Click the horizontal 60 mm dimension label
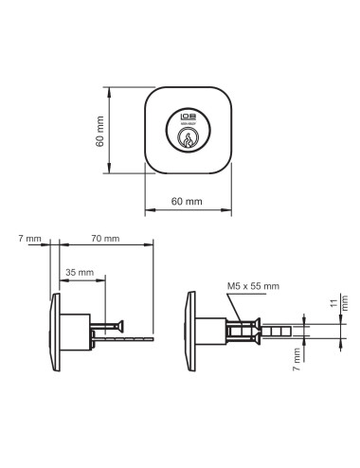187,202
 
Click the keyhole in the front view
188,138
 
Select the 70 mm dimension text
106,238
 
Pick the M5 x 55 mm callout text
254,285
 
